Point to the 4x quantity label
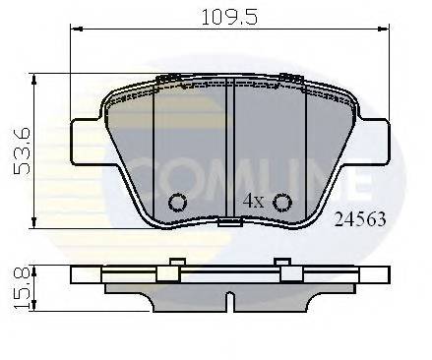pos(253,201)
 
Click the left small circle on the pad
pos(178,203)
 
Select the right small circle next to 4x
pos(282,203)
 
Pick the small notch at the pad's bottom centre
pos(230,223)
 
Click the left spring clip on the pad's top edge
pos(169,78)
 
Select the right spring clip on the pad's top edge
pos(290,78)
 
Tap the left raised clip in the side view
pos(177,263)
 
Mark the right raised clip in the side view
pos(282,263)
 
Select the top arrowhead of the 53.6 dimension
pos(36,77)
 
